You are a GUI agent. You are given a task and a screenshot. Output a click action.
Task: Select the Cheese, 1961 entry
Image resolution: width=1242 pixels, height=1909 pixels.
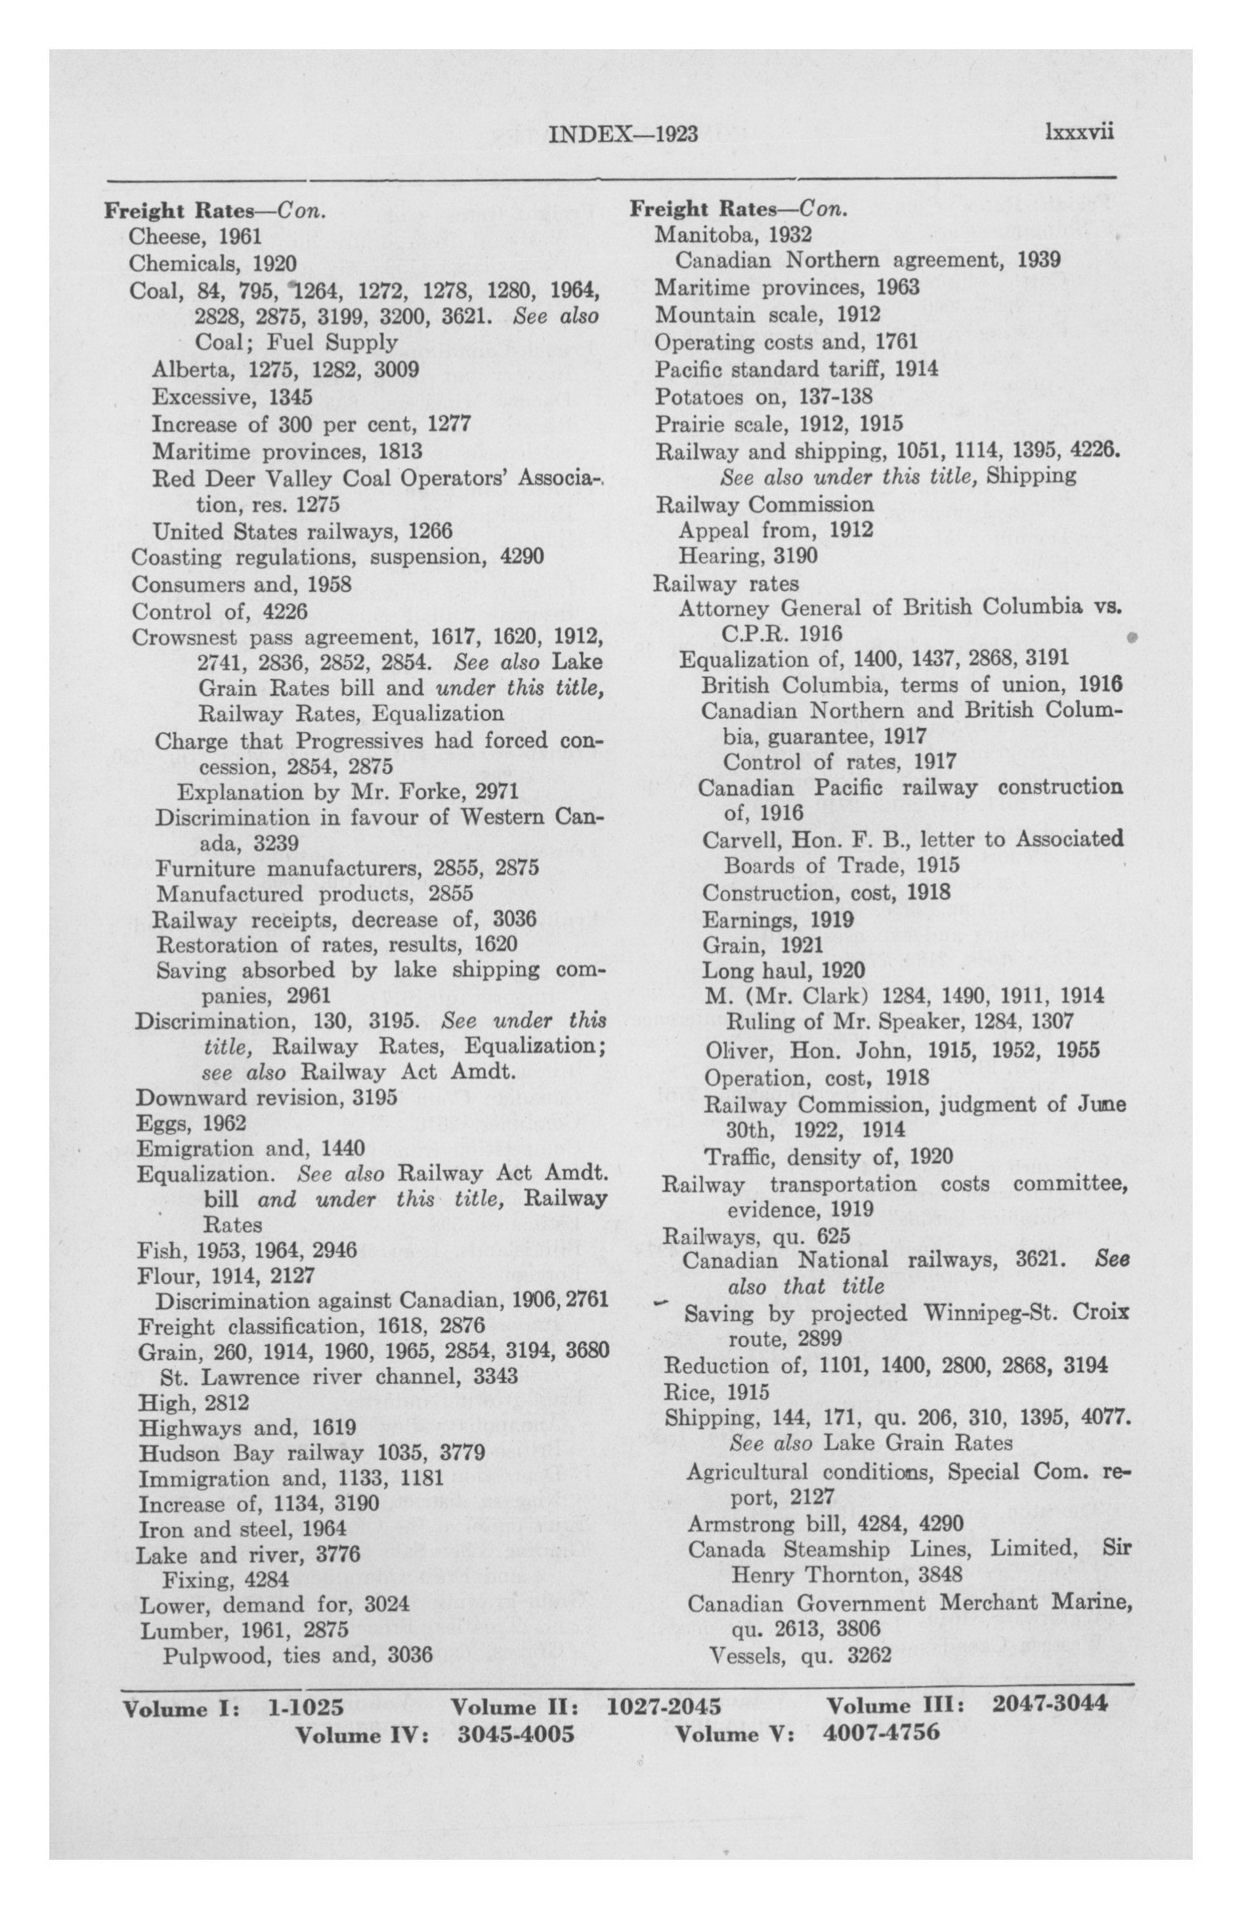pyautogui.click(x=195, y=236)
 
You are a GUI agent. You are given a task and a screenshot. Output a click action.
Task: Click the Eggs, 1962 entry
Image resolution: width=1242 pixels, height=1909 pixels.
pyautogui.click(x=191, y=1123)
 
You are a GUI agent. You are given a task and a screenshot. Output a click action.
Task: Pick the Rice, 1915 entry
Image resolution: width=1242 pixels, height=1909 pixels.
pyautogui.click(x=716, y=1392)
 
